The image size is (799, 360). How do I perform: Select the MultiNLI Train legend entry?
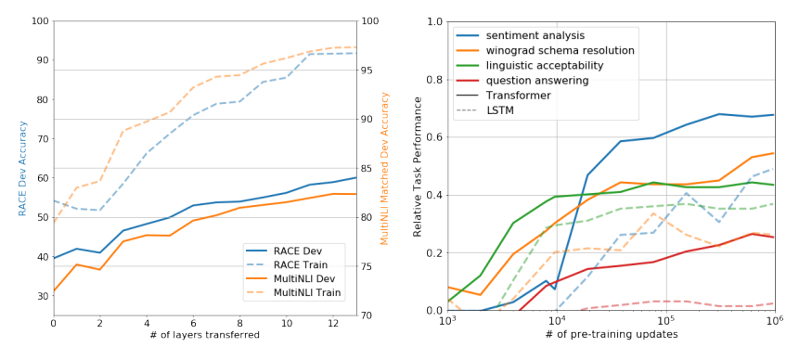293,293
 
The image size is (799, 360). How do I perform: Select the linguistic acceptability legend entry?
531,65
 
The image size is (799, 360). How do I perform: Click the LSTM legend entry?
485,110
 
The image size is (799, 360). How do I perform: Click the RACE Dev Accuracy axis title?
22,169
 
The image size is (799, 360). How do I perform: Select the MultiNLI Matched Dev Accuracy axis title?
385,169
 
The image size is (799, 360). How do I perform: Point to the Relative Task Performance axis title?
418,166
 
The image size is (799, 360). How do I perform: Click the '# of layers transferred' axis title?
205,335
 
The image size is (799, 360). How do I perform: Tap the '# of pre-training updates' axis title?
612,335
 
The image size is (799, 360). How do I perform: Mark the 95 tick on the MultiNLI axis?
367,71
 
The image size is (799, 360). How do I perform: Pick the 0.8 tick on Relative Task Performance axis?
435,80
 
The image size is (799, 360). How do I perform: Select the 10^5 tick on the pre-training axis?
666,321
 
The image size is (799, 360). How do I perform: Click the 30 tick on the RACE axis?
43,296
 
